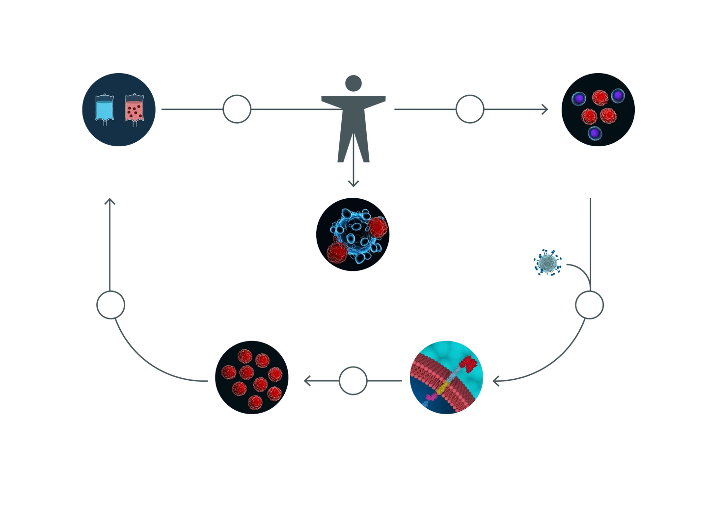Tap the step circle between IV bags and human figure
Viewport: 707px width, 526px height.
[x=237, y=109]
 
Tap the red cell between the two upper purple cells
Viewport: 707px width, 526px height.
[x=599, y=97]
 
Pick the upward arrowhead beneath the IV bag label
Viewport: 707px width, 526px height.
[x=111, y=203]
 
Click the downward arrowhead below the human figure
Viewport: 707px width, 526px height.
[x=352, y=182]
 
